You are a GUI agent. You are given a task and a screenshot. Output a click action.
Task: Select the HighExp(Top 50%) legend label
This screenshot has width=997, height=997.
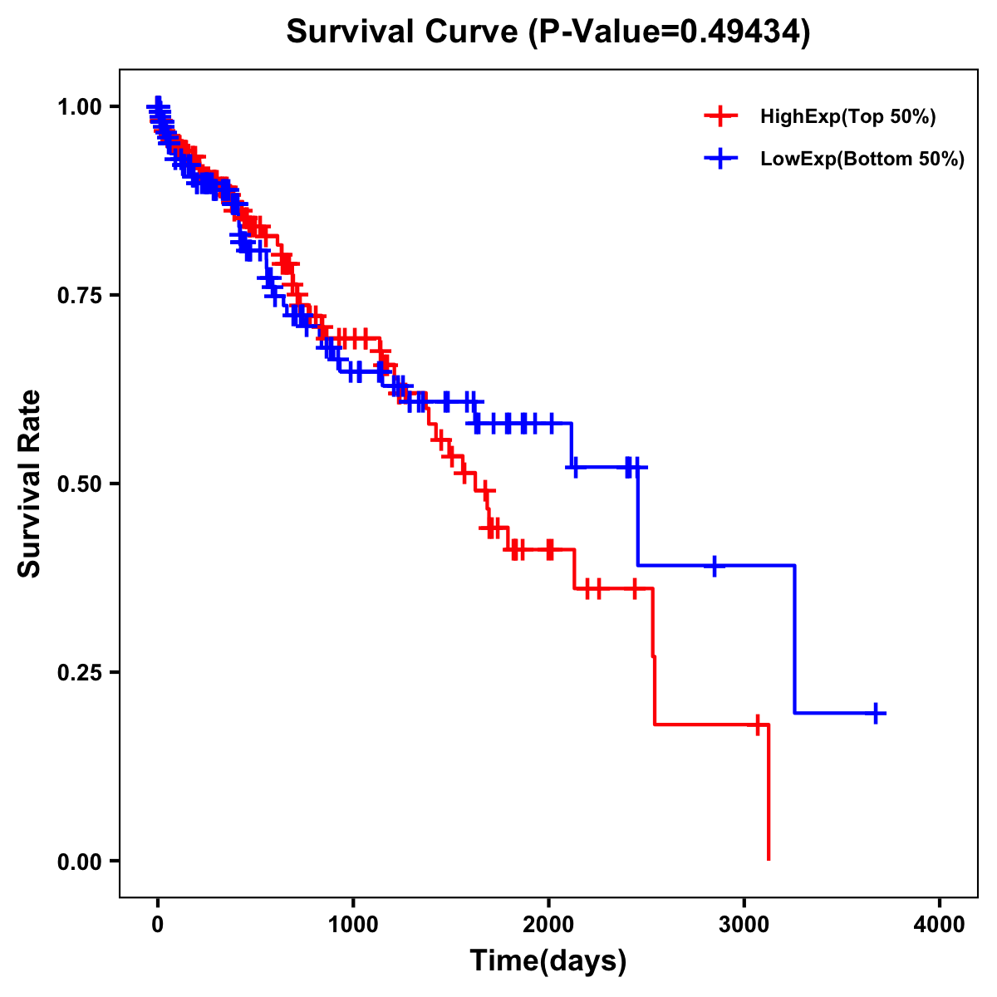[847, 117]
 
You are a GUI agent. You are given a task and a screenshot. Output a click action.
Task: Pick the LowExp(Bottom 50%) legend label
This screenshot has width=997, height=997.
[862, 160]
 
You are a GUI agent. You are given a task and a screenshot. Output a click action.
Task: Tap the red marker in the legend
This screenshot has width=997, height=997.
[720, 116]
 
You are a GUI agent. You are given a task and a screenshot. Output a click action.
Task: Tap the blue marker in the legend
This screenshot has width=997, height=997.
[720, 159]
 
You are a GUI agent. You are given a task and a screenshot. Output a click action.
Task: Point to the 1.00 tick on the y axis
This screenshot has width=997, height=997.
[79, 106]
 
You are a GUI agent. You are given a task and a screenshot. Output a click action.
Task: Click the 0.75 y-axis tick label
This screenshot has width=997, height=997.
[79, 295]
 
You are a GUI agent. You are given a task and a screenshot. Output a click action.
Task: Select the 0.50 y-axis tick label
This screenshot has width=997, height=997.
[79, 484]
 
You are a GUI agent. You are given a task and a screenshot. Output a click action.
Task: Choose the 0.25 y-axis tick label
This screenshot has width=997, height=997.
[79, 672]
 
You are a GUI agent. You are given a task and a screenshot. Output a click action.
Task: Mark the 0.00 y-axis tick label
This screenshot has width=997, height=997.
[79, 861]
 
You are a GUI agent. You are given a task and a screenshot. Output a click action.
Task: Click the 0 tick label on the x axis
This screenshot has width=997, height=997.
[158, 925]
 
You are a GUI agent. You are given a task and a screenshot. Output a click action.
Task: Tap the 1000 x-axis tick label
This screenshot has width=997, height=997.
[353, 925]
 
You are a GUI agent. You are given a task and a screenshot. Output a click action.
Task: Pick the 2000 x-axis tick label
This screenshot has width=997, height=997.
[548, 925]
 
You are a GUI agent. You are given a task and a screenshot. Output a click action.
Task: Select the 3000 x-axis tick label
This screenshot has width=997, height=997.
[744, 925]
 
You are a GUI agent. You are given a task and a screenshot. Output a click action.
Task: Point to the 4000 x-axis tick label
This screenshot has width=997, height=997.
[940, 925]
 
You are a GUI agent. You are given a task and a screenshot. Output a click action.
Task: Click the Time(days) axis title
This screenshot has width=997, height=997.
[548, 961]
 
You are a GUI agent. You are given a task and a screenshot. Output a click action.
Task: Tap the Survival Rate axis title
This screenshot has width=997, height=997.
[30, 484]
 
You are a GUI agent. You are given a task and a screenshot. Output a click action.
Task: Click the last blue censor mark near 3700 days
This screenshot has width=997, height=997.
[876, 713]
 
